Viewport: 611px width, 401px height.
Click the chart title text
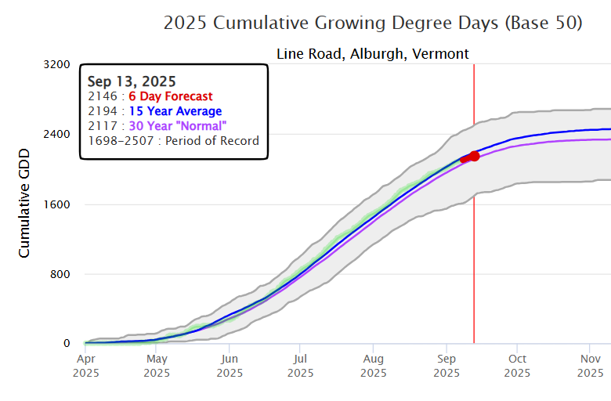[x=373, y=23]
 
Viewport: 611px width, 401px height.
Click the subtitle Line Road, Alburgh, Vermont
[x=373, y=54]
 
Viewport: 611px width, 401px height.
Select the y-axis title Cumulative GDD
[x=24, y=192]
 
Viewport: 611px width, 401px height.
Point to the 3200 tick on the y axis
[x=56, y=64]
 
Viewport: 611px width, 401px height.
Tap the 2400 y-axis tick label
[x=56, y=134]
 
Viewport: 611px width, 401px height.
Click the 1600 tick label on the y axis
[x=56, y=204]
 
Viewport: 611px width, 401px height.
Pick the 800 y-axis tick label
[x=60, y=274]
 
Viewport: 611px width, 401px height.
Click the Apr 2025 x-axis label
[x=85, y=365]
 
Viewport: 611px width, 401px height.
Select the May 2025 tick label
[x=157, y=365]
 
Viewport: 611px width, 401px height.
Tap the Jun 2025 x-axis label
[x=230, y=365]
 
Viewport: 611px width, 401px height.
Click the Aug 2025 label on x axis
[x=374, y=365]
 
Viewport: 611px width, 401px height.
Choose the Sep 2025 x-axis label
[x=446, y=365]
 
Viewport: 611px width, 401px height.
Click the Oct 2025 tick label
[x=517, y=365]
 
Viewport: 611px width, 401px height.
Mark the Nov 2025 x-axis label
[x=589, y=365]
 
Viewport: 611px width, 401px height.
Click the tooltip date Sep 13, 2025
[x=132, y=81]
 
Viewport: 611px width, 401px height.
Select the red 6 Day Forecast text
[x=170, y=96]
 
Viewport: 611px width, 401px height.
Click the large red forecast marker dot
[x=474, y=157]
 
